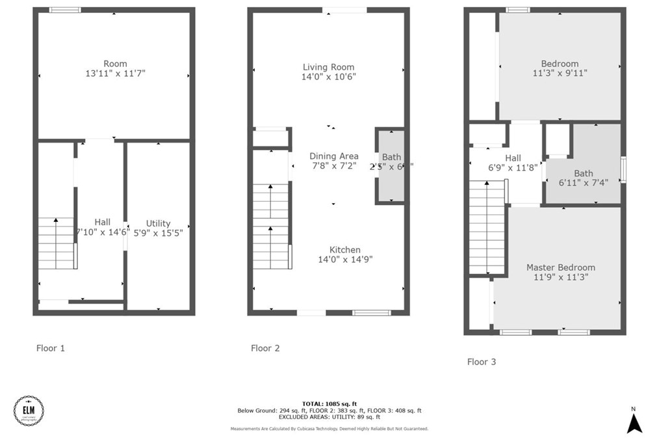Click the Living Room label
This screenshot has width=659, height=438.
(328, 67)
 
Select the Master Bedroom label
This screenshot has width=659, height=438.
(560, 267)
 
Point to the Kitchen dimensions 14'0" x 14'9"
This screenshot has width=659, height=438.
(344, 259)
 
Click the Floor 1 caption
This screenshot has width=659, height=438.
(50, 348)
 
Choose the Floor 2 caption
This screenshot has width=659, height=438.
(265, 348)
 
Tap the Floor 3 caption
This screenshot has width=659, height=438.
(481, 361)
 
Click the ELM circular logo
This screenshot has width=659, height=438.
(29, 410)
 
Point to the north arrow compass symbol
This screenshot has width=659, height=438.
(634, 422)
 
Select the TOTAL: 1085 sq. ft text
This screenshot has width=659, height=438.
(329, 404)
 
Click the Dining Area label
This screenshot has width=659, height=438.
(333, 156)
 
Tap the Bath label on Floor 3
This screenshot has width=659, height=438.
(583, 173)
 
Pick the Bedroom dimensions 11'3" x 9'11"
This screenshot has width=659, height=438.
(560, 73)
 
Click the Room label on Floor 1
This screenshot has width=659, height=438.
(115, 64)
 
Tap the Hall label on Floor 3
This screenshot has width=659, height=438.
(513, 157)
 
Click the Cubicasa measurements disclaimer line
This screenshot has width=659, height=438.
(329, 429)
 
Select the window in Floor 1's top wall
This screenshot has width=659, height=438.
(65, 10)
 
